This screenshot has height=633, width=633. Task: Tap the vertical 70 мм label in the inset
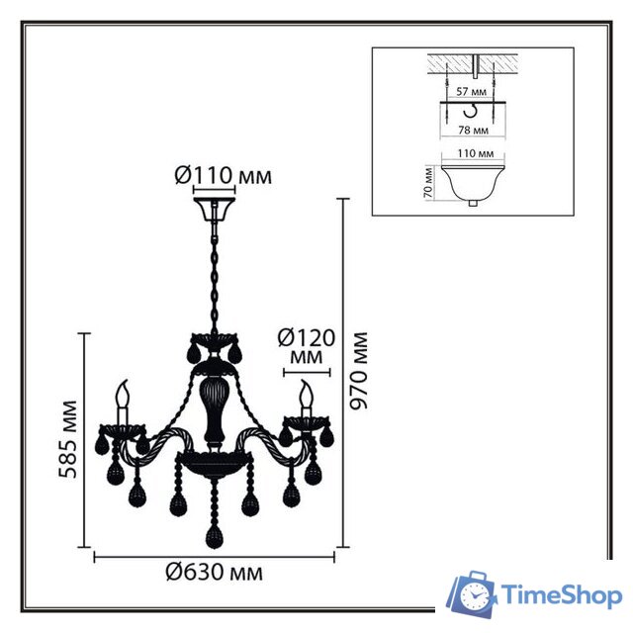[x=427, y=184]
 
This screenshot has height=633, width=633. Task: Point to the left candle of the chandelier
[x=124, y=402]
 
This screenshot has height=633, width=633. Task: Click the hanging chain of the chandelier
[x=214, y=277]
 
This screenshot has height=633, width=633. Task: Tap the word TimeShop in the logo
[x=561, y=595]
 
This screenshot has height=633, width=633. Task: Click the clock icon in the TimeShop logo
[x=476, y=596]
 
